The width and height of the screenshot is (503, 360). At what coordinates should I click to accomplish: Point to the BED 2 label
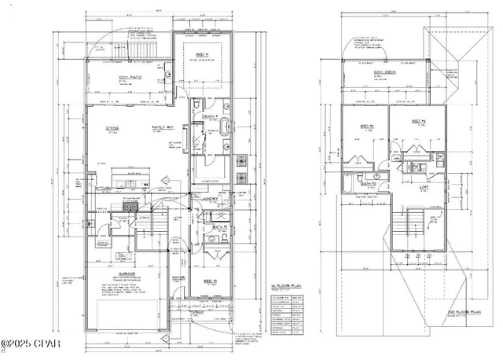pyautogui.click(x=209, y=281)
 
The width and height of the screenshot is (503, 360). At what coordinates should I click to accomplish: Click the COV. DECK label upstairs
pyautogui.click(x=384, y=72)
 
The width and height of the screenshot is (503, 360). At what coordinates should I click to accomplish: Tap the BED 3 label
pyautogui.click(x=366, y=126)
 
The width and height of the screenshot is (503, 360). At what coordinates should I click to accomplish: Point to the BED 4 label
pyautogui.click(x=418, y=122)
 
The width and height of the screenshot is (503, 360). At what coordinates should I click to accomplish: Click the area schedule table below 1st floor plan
pyautogui.click(x=286, y=314)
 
